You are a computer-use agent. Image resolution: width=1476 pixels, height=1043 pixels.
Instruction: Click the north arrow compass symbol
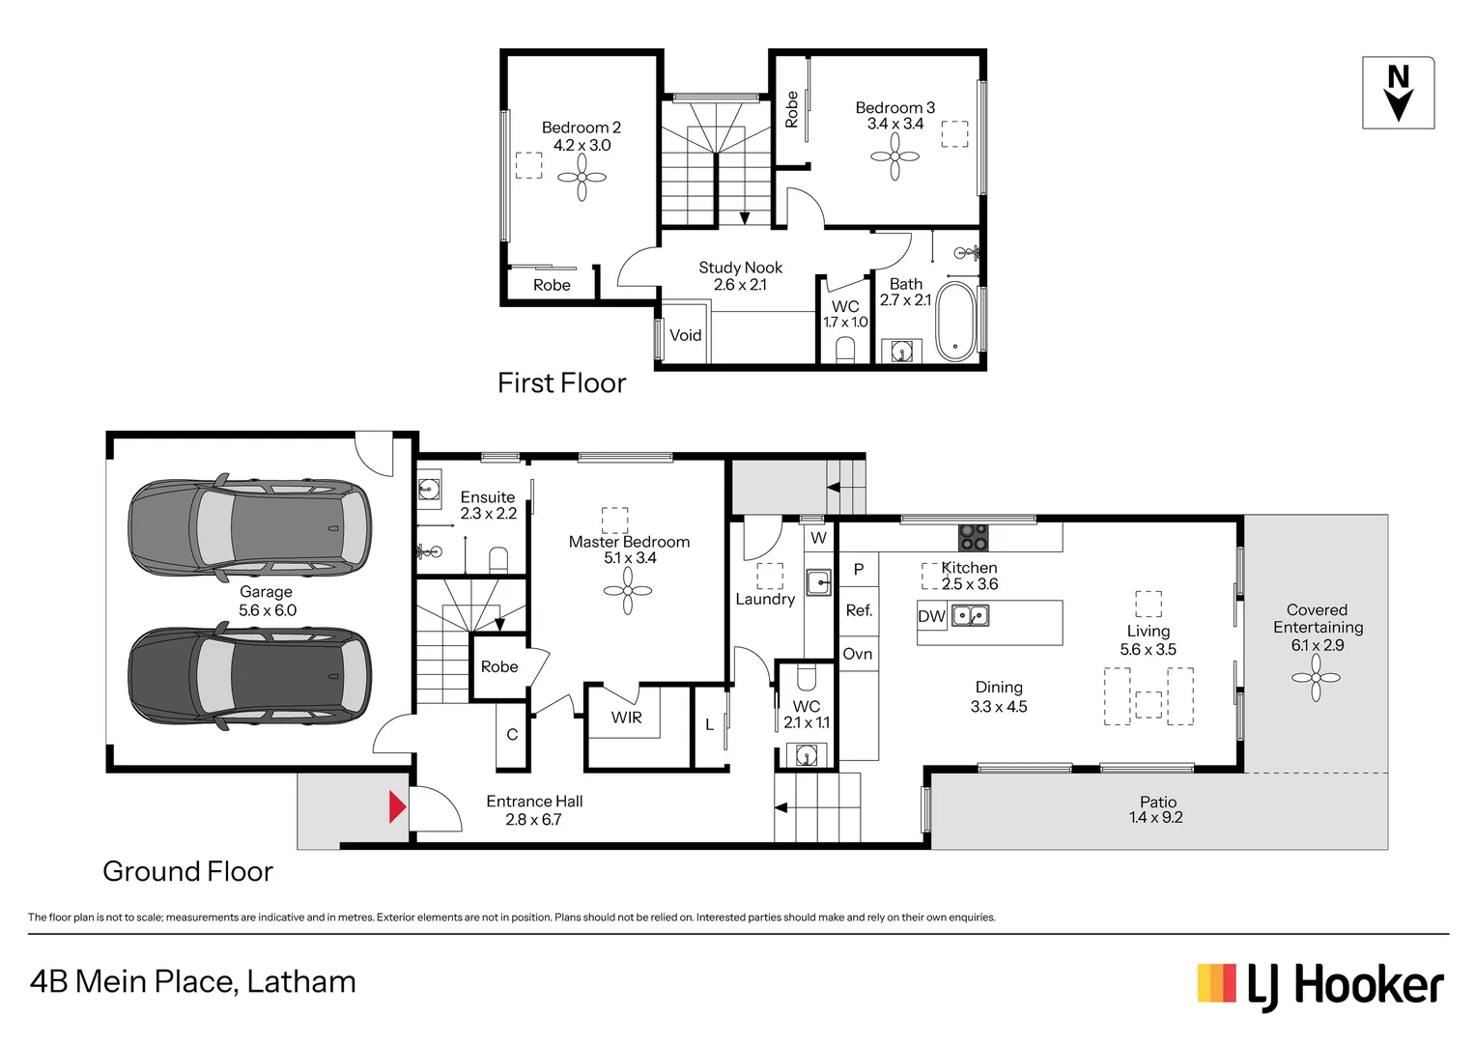[1398, 93]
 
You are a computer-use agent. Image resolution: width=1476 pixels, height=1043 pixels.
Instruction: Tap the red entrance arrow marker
[397, 807]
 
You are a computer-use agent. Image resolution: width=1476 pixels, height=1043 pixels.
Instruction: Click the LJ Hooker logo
[1320, 986]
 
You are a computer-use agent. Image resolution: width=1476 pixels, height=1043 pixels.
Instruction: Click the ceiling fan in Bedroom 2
[582, 178]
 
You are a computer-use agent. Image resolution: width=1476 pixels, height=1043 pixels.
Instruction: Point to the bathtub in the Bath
[956, 322]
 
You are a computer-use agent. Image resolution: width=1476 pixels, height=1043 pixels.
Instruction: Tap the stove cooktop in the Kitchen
[973, 537]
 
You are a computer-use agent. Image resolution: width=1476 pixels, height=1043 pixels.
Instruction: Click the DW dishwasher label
[931, 616]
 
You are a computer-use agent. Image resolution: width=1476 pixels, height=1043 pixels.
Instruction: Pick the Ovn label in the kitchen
[857, 654]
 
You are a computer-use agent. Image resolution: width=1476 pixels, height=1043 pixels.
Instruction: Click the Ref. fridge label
[859, 610]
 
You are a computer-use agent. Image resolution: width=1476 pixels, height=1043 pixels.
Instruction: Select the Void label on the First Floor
[685, 335]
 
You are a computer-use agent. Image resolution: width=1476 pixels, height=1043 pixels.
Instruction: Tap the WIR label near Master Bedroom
[626, 718]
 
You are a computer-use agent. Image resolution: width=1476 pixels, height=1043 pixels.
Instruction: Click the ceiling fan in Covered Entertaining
[1316, 678]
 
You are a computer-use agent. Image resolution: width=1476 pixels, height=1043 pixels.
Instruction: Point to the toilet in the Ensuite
[498, 560]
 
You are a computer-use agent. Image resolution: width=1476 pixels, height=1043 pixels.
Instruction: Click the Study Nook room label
[740, 268]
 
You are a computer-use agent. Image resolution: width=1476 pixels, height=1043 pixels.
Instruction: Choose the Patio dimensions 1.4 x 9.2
[1155, 818]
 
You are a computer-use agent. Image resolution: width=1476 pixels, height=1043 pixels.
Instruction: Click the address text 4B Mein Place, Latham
[193, 981]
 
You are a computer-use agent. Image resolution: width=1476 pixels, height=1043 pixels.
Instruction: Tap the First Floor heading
[561, 383]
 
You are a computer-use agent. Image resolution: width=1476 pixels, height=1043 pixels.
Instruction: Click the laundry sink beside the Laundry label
[818, 582]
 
